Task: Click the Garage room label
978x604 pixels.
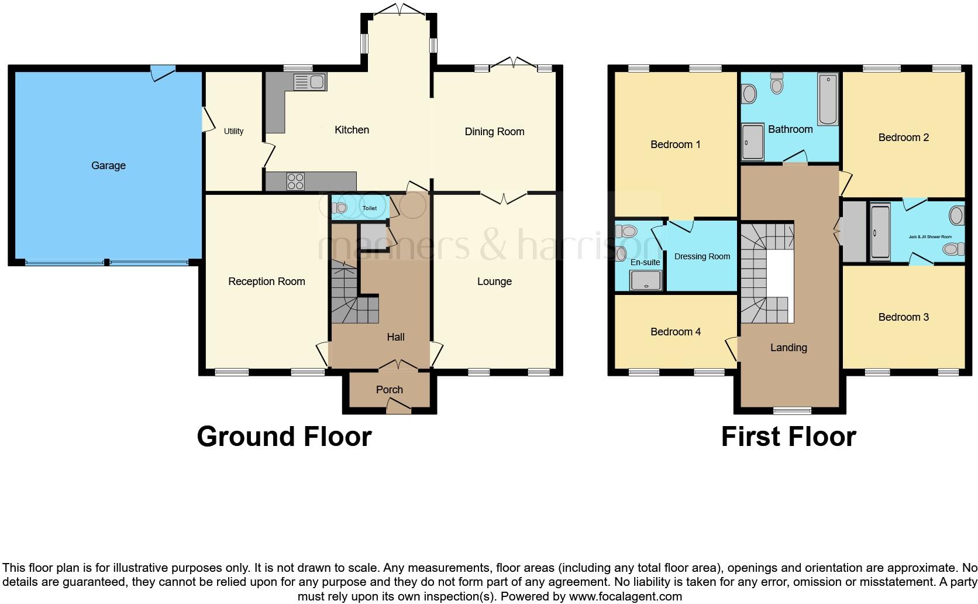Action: [x=108, y=166]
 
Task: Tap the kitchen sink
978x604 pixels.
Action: [x=310, y=83]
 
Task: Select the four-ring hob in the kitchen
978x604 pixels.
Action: [x=295, y=181]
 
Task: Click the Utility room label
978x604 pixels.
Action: [x=233, y=131]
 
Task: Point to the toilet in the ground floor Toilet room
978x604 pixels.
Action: [x=340, y=207]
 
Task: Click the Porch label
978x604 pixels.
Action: [x=389, y=390]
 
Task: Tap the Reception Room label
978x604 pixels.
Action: [x=266, y=282]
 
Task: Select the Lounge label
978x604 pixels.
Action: [x=494, y=282]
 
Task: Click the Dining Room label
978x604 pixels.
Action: [x=494, y=132]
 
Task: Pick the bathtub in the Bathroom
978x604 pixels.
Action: [x=828, y=99]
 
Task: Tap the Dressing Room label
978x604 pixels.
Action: [x=702, y=256]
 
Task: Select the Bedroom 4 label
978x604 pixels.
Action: [x=675, y=332]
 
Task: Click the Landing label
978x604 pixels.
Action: [x=788, y=348]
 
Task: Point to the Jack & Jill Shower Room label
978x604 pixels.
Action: [x=929, y=237]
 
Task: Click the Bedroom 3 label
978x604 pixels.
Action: [x=903, y=317]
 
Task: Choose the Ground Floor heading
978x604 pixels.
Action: [x=284, y=437]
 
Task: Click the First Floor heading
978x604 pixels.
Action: [x=788, y=437]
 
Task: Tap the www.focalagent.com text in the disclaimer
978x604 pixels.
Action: [x=625, y=597]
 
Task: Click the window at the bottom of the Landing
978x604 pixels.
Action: [x=792, y=410]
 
